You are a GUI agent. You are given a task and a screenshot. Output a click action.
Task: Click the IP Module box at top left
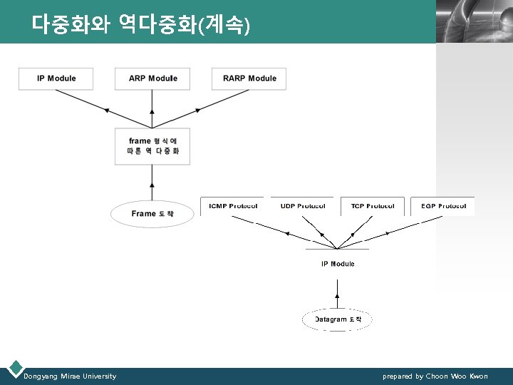coord(56,78)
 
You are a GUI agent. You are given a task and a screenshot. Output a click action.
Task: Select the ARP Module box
coord(152,78)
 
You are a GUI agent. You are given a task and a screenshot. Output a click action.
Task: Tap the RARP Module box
coord(249,78)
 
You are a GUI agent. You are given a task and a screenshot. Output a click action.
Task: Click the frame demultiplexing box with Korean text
coord(152,146)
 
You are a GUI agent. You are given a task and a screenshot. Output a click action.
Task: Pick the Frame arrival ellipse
coord(152,213)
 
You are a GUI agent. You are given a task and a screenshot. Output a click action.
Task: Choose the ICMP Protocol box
coord(232,206)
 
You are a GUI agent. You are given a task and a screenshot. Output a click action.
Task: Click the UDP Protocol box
coord(302,206)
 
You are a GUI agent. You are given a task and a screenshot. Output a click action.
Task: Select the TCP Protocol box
coord(372,206)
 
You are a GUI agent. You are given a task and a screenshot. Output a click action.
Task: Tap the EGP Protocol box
coord(442,206)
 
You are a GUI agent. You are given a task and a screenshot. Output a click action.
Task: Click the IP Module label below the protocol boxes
coord(338,264)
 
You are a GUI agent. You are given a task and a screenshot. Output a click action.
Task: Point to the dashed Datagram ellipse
coord(338,319)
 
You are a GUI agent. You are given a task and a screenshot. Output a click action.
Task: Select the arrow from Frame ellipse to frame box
coord(152,182)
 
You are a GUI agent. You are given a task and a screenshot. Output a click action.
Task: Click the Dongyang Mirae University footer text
coord(70,376)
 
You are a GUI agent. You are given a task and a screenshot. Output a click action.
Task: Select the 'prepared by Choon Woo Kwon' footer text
coord(435,376)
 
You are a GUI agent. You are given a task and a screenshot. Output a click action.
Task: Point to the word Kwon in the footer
coord(479,376)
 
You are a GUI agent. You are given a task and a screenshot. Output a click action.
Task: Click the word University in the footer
coord(98,376)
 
